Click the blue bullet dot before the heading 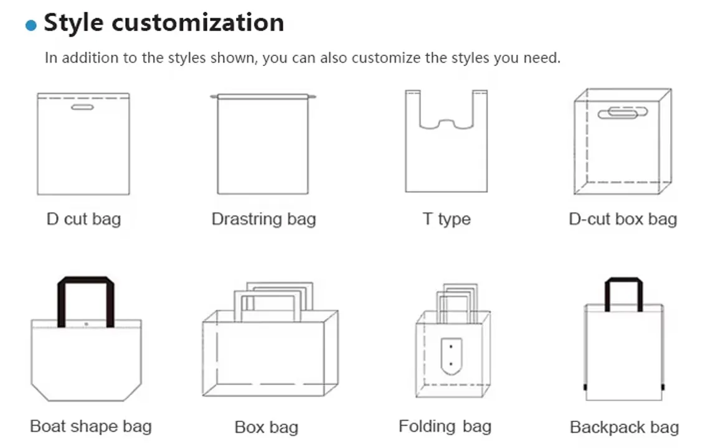[x=31, y=25]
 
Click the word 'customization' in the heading [x=198, y=22]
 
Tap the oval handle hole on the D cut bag [x=82, y=108]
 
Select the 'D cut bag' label [x=83, y=219]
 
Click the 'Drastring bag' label [x=263, y=219]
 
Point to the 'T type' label [x=447, y=219]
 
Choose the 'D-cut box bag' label [x=623, y=219]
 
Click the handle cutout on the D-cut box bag [x=618, y=113]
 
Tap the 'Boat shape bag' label [x=91, y=426]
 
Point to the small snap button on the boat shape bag [x=86, y=324]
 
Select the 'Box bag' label [x=267, y=427]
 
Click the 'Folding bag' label [x=445, y=426]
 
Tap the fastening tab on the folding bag [x=449, y=357]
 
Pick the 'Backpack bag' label [x=624, y=427]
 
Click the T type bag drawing [x=446, y=156]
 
